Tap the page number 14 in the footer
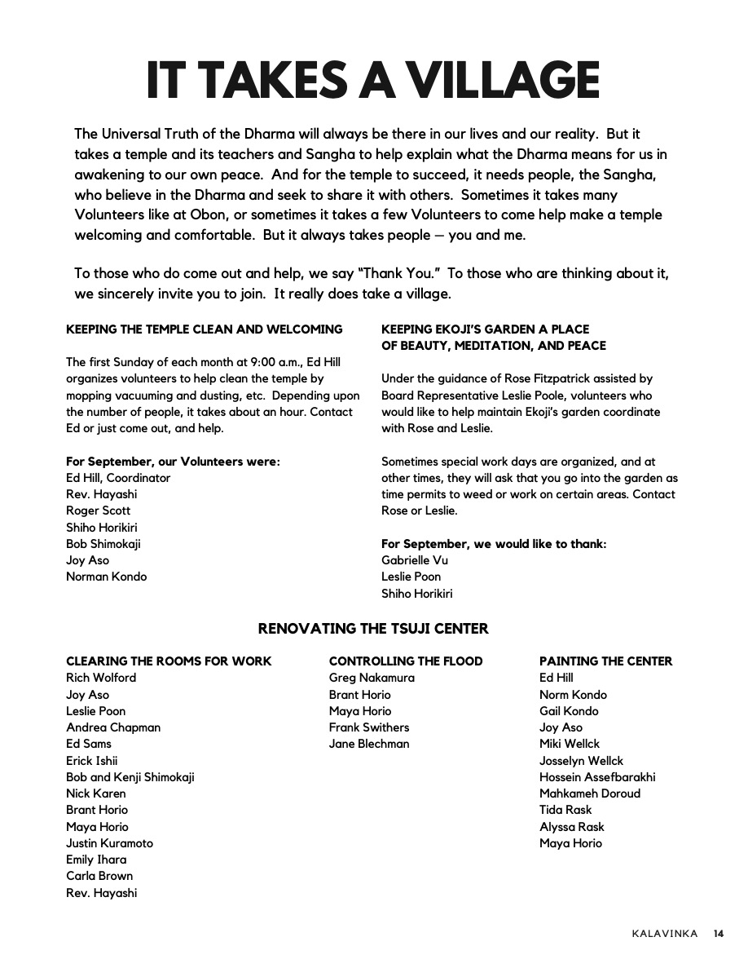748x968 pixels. point(718,934)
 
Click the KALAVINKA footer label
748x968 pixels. point(664,934)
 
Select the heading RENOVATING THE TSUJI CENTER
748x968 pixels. point(373,629)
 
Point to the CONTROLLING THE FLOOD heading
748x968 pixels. point(406,661)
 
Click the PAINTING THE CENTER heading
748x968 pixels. point(605,661)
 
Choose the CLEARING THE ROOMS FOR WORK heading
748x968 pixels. point(169,661)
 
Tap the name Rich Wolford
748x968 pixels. point(101,678)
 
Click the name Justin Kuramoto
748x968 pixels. point(109,843)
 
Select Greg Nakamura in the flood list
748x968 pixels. point(372,678)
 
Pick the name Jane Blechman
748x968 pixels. point(369,744)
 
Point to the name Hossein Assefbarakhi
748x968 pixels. point(597,777)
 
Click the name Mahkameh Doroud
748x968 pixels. point(590,793)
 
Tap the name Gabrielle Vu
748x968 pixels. point(415,560)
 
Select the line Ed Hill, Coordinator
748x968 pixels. point(118,478)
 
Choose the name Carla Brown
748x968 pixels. point(99,876)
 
